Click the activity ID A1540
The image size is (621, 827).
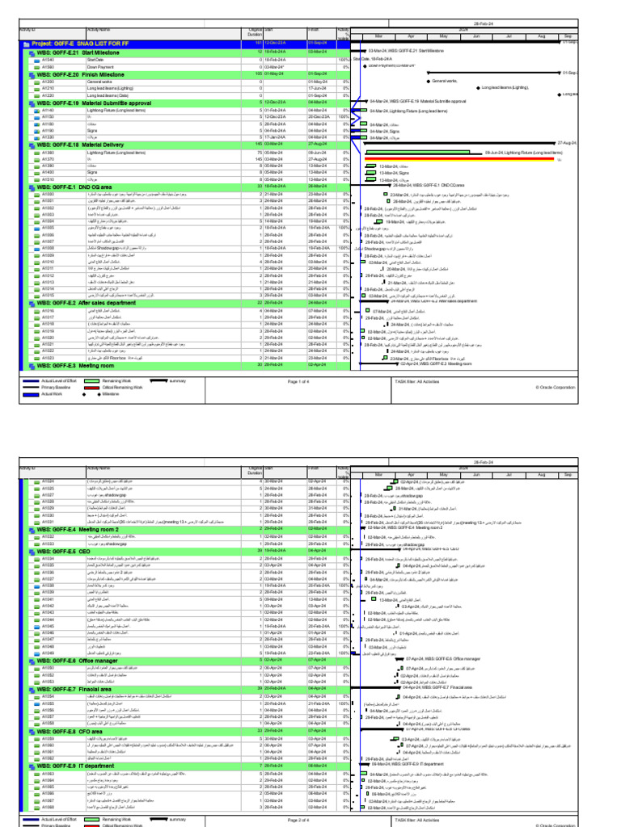49,60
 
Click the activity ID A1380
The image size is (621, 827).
49,153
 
